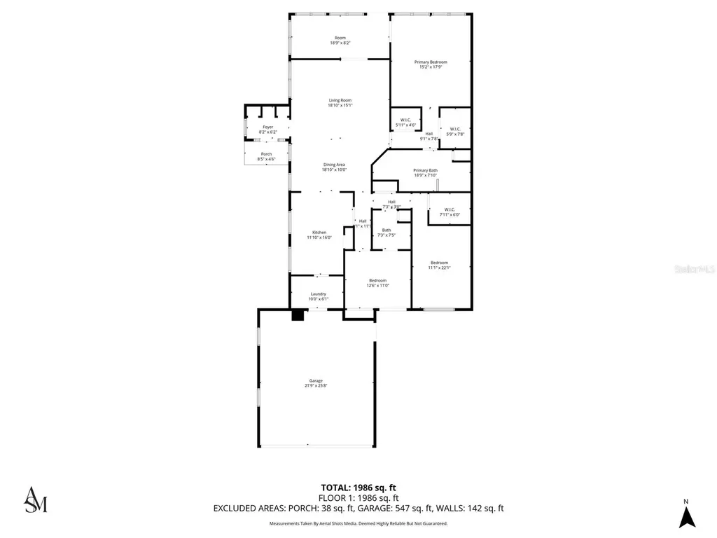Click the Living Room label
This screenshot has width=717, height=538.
[340, 103]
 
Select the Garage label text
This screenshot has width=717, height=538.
[316, 383]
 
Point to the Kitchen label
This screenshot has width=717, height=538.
[319, 235]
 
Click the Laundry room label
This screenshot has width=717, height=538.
[319, 296]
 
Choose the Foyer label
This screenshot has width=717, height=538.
[268, 130]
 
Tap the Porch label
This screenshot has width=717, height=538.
[267, 156]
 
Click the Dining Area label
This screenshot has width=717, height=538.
[334, 167]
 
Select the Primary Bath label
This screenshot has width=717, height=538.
[425, 172]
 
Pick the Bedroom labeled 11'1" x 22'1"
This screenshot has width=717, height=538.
[439, 265]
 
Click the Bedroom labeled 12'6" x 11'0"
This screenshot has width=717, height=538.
[378, 283]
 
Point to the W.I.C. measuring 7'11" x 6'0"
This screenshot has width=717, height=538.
[448, 212]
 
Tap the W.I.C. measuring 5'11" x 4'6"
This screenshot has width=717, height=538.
[405, 123]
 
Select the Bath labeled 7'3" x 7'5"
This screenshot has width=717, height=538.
[387, 233]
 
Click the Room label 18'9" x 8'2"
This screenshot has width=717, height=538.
[340, 41]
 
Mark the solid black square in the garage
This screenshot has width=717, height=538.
[298, 315]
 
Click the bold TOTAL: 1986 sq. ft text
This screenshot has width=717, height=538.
[358, 488]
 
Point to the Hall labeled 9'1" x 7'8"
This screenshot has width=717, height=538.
[429, 136]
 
